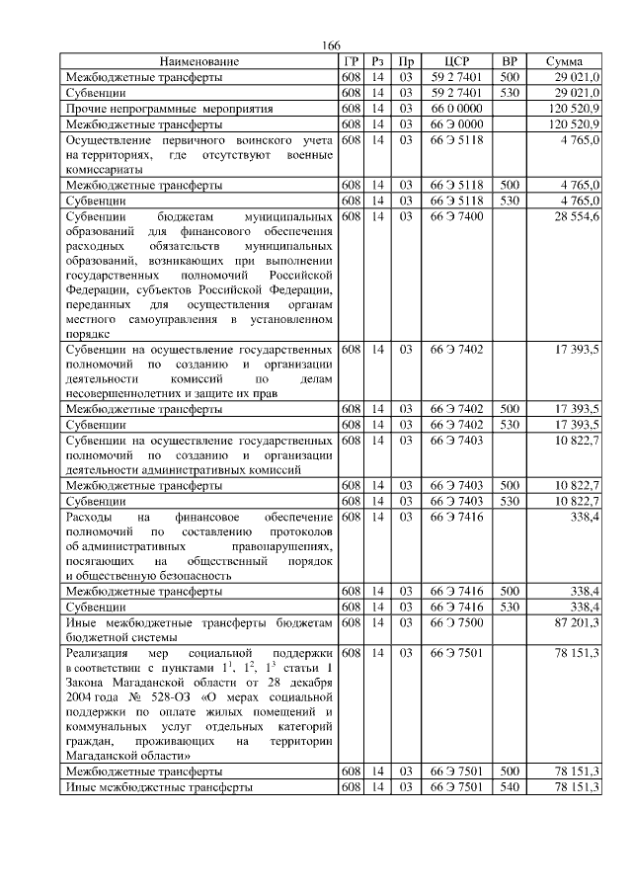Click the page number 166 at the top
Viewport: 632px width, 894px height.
pos(331,47)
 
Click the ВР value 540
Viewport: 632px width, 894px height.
pos(510,787)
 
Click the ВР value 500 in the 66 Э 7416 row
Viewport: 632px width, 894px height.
pos(510,592)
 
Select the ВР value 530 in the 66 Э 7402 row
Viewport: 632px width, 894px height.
pos(510,424)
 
